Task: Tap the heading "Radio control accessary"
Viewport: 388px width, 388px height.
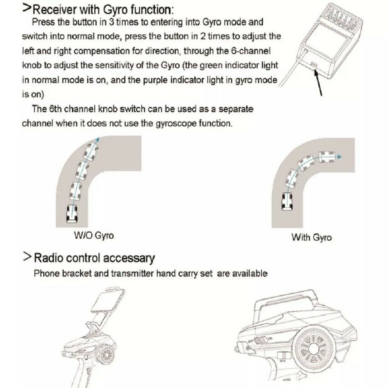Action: coord(94,258)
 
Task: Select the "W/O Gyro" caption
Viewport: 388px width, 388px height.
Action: coord(94,235)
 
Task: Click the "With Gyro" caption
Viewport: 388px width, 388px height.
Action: coord(311,237)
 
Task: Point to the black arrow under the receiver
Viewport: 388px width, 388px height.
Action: coord(318,82)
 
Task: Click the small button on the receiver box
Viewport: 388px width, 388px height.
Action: coord(314,64)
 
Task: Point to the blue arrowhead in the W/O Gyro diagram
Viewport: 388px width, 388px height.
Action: coord(98,139)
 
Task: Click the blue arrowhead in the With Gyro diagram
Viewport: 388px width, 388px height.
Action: coord(340,157)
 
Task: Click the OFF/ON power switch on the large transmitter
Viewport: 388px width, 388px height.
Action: coord(260,341)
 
